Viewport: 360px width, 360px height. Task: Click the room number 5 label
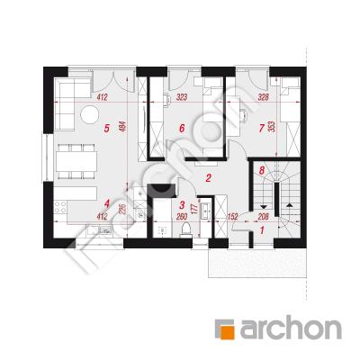tap(106, 129)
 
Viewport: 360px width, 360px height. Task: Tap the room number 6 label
tap(182, 129)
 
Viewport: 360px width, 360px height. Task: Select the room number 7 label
tap(261, 129)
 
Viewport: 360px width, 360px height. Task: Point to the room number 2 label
tap(208, 178)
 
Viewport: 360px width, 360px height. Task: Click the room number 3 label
tap(182, 205)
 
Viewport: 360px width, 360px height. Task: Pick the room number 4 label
tap(106, 204)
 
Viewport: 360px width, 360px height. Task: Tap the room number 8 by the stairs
tap(262, 171)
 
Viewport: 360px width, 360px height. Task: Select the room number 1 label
tap(262, 230)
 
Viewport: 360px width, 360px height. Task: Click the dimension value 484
tap(123, 127)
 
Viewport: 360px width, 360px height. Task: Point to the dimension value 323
tap(182, 97)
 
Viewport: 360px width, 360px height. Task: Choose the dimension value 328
tap(263, 97)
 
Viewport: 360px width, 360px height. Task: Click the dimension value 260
tap(182, 217)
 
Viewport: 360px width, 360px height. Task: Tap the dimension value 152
tap(232, 217)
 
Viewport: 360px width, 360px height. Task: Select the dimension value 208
tap(263, 217)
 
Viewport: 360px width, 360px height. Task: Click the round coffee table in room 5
tap(89, 114)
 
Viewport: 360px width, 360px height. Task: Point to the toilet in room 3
tap(186, 230)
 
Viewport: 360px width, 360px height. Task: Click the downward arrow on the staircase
tap(264, 207)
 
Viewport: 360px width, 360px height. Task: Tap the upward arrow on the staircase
tap(289, 205)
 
